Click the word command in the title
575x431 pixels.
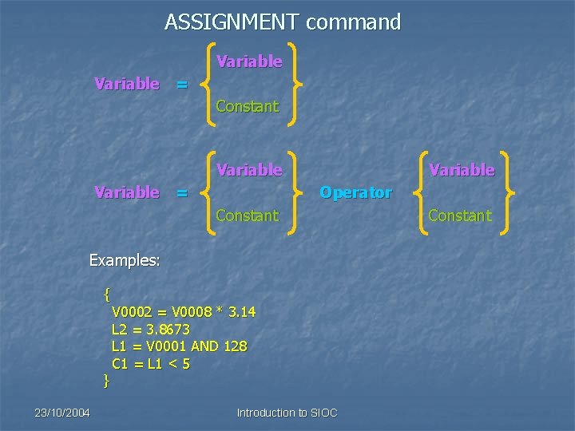353,22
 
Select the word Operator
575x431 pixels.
355,192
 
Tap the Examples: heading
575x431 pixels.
125,260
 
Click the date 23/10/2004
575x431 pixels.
62,413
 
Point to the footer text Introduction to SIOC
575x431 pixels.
287,413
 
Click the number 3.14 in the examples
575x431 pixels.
242,311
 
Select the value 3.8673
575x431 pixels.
169,329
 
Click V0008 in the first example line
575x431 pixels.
192,311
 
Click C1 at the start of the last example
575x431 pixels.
121,364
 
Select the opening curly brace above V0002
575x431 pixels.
107,294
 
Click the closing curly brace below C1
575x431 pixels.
106,381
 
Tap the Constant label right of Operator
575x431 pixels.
460,215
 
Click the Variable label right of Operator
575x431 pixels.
462,170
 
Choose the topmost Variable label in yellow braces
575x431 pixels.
249,61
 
